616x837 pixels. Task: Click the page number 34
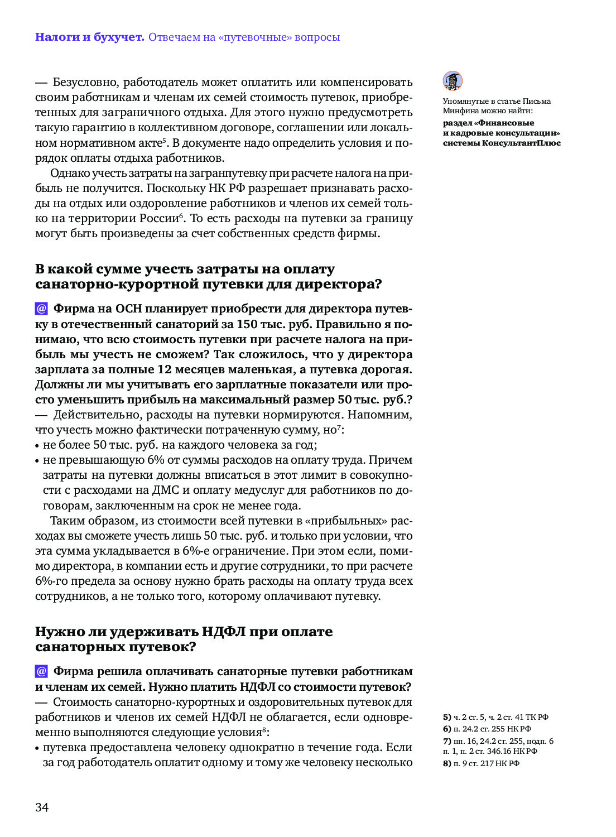pyautogui.click(x=42, y=807)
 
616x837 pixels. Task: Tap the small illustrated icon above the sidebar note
pyautogui.click(x=453, y=81)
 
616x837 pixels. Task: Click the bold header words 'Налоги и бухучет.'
pyautogui.click(x=89, y=37)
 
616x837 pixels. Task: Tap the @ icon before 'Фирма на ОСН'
pyautogui.click(x=41, y=309)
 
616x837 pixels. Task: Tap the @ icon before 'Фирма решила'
pyautogui.click(x=41, y=671)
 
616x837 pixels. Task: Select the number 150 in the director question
pyautogui.click(x=247, y=324)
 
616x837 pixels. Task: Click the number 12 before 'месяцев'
pyautogui.click(x=165, y=369)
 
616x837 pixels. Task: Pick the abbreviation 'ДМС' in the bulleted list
pyautogui.click(x=165, y=490)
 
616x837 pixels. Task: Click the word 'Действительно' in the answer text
pyautogui.click(x=89, y=415)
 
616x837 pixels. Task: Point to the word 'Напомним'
pyautogui.click(x=379, y=415)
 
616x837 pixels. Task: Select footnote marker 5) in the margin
pyautogui.click(x=447, y=717)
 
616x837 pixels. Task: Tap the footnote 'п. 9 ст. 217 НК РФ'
pyautogui.click(x=486, y=763)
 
